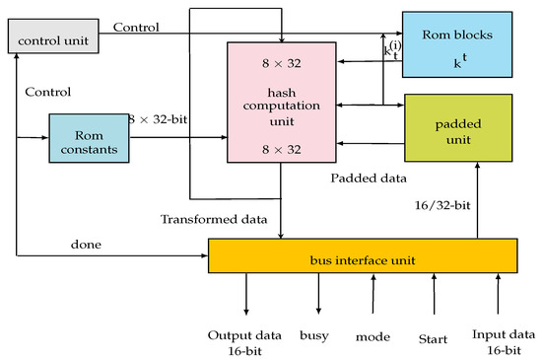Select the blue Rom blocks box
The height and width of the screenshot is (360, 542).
coord(456,44)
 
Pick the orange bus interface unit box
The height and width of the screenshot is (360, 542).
coord(363,258)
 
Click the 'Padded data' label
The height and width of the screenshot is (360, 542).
coord(369,180)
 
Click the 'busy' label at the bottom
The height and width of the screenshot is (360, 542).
coord(316,335)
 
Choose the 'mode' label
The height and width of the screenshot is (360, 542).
coord(373,336)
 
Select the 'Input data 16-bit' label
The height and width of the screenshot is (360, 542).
coord(502,342)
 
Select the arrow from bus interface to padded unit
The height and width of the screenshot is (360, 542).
coord(478,202)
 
